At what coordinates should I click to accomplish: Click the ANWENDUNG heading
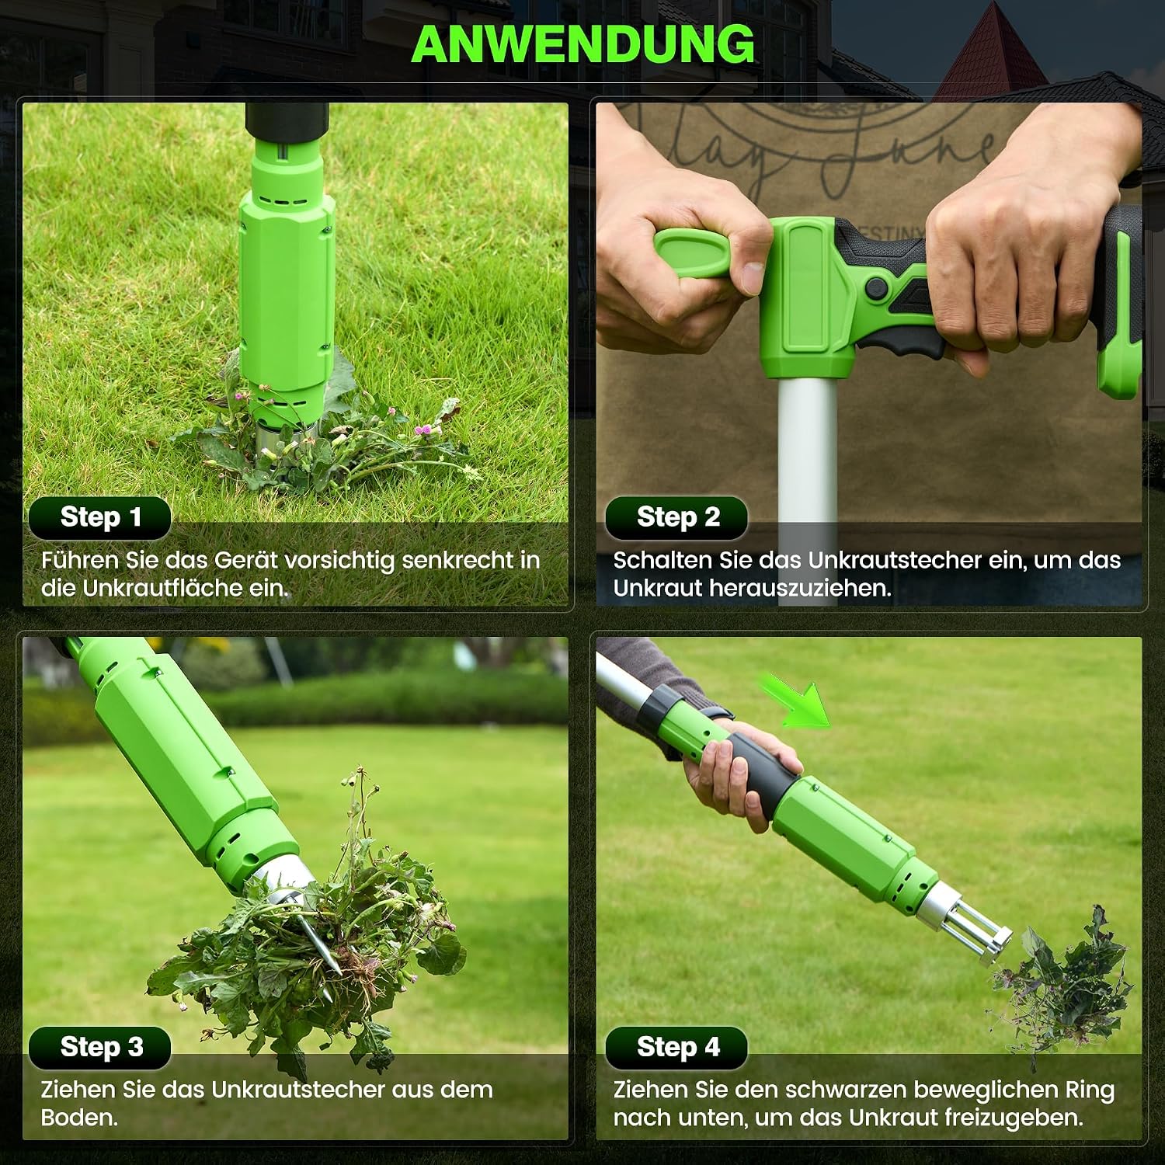(x=582, y=43)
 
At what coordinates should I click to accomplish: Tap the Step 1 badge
(x=100, y=517)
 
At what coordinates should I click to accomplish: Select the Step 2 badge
(x=676, y=517)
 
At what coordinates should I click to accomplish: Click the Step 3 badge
(x=100, y=1047)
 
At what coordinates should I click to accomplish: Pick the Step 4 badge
(x=676, y=1047)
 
